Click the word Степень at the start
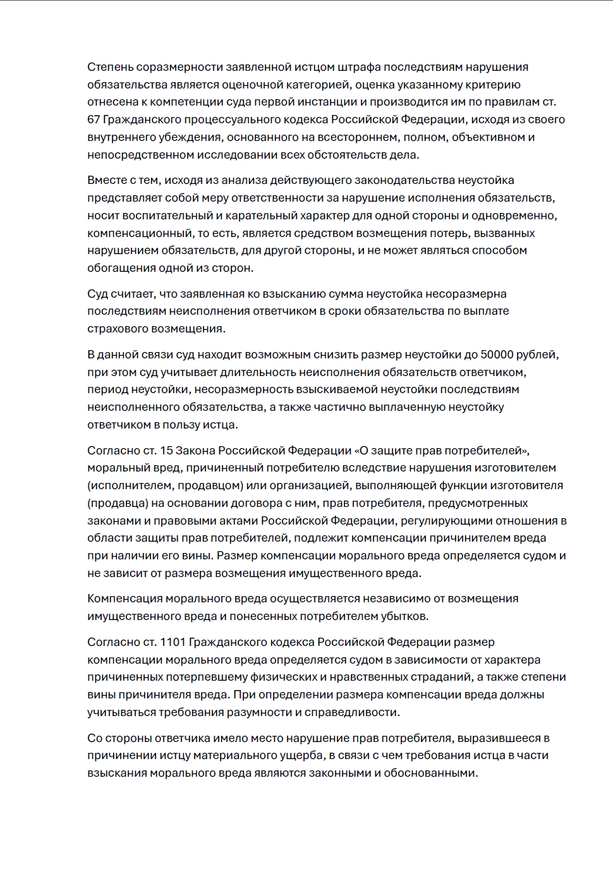[x=110, y=67]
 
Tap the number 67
[x=94, y=119]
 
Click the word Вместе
[x=107, y=181]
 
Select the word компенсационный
[x=139, y=233]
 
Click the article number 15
[x=166, y=451]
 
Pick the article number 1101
[x=173, y=642]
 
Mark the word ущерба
[x=299, y=755]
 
